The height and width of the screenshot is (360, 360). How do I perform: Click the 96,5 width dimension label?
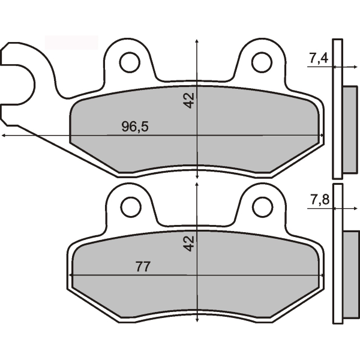(x=135, y=127)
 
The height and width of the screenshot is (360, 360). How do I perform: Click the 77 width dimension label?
(x=142, y=266)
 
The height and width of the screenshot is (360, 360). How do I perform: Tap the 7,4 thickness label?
(x=318, y=58)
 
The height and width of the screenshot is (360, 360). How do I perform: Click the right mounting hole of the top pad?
(x=262, y=62)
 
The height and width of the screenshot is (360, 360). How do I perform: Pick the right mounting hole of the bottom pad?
(x=262, y=206)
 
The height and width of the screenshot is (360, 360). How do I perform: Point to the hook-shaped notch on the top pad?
(x=18, y=84)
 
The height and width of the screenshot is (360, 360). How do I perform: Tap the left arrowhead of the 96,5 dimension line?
(x=4, y=136)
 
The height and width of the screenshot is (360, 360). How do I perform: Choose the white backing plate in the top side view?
(x=337, y=108)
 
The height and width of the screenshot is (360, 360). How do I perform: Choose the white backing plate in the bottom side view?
(x=337, y=255)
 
